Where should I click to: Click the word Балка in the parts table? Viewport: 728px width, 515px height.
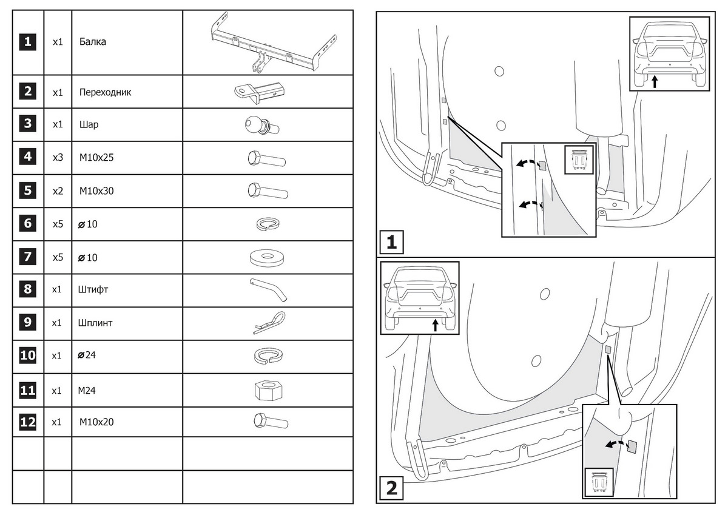pos(92,42)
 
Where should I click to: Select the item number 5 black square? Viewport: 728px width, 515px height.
pos(28,190)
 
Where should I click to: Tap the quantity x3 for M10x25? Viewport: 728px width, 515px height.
pos(58,158)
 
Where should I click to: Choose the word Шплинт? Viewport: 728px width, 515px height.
pos(96,323)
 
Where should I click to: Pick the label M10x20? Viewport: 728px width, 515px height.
pos(96,422)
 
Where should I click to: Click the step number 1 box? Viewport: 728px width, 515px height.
pos(392,243)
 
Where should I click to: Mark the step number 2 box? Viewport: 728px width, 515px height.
pos(392,487)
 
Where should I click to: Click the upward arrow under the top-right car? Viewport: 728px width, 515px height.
pos(655,81)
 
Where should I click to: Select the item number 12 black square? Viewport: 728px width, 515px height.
pos(28,422)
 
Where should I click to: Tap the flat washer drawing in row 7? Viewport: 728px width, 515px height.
pos(268,257)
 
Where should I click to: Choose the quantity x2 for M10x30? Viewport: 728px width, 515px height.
pos(58,191)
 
